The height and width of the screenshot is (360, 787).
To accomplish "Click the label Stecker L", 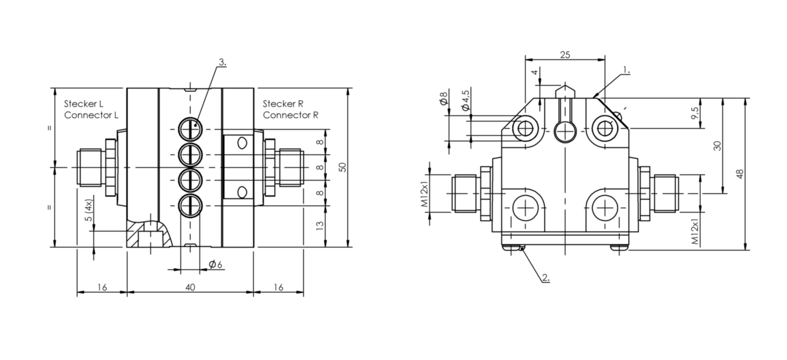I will click(83, 104).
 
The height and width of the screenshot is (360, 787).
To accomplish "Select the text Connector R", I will click(290, 115).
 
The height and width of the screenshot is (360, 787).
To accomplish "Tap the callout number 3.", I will click(222, 63).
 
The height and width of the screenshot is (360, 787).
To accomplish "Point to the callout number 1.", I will click(626, 70).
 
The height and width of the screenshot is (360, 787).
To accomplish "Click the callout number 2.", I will click(545, 278).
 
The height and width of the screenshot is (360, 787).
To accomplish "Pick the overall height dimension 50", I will click(342, 167).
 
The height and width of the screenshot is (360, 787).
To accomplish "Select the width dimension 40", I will click(190, 288).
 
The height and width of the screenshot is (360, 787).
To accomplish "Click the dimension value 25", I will click(565, 55).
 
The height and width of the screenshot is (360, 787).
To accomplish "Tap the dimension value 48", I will click(740, 174).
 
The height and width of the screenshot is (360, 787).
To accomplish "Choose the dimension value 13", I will click(320, 225).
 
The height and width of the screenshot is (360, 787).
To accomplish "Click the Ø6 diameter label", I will click(215, 264).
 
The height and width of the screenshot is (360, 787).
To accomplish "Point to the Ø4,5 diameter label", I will click(465, 100).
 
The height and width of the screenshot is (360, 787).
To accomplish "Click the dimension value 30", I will click(717, 146).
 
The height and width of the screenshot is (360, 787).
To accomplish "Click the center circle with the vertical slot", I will click(565, 132).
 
